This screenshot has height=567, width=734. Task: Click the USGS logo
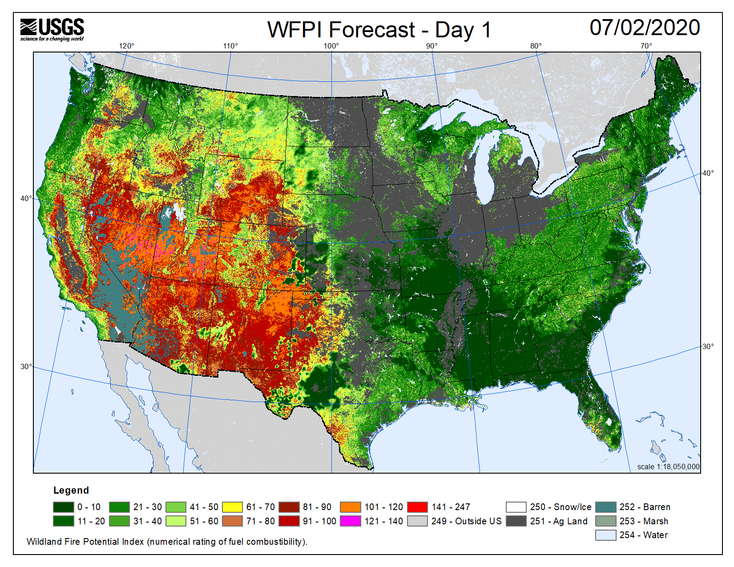[52, 29]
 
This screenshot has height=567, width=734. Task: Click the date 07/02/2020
[645, 28]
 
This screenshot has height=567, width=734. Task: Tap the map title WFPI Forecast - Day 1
[379, 30]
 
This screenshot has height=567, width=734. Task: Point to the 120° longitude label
[126, 46]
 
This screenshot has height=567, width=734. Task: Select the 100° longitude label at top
[331, 46]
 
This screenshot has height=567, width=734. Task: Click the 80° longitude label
[536, 46]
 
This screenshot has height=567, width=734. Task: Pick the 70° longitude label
[646, 46]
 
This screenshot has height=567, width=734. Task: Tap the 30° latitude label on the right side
[708, 346]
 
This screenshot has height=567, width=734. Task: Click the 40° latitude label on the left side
[26, 198]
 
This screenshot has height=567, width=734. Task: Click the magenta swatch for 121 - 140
[350, 521]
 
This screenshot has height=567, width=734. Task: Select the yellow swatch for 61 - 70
[232, 507]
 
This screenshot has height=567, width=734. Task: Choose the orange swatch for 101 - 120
[350, 507]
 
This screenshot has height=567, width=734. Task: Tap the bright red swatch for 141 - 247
[417, 507]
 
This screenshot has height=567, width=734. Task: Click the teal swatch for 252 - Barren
[605, 507]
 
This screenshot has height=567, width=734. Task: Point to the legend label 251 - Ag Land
[558, 521]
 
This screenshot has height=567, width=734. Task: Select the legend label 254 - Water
[643, 535]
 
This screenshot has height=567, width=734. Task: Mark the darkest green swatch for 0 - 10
[63, 507]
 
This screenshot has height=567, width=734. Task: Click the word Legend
[71, 490]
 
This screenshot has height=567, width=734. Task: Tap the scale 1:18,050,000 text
[668, 466]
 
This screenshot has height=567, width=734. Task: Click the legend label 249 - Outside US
[466, 521]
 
